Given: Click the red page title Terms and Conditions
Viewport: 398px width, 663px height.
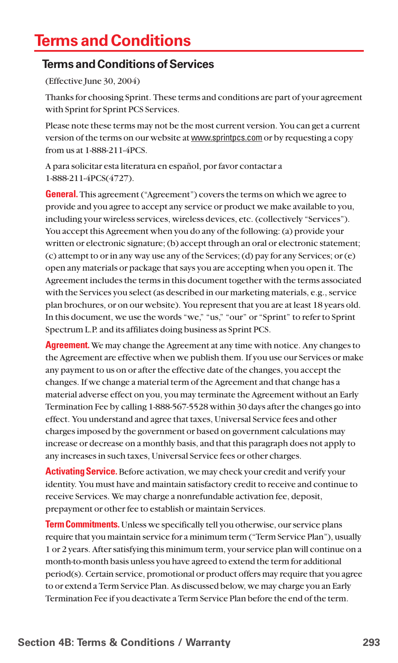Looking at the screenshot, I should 113,41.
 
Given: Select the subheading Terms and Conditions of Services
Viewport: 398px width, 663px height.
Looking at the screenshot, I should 128,64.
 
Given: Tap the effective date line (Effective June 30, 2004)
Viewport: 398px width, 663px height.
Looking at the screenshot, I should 92,81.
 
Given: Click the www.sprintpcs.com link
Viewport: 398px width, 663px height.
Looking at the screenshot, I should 226,138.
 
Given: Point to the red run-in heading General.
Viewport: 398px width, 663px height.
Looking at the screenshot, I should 61,194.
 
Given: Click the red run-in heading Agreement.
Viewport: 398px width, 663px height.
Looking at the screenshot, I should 67,345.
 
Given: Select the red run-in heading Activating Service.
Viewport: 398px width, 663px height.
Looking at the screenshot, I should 81,472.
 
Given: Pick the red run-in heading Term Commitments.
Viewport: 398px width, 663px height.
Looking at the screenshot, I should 82,525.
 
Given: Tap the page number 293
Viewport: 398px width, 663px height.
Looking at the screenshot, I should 371,642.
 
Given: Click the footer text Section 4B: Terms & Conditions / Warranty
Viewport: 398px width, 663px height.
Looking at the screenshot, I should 124,642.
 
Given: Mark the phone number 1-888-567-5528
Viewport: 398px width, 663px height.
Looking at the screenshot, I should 178,407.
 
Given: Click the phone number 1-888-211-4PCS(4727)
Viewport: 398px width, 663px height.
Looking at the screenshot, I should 89,178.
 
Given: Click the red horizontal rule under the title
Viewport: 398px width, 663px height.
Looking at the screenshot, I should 199,51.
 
